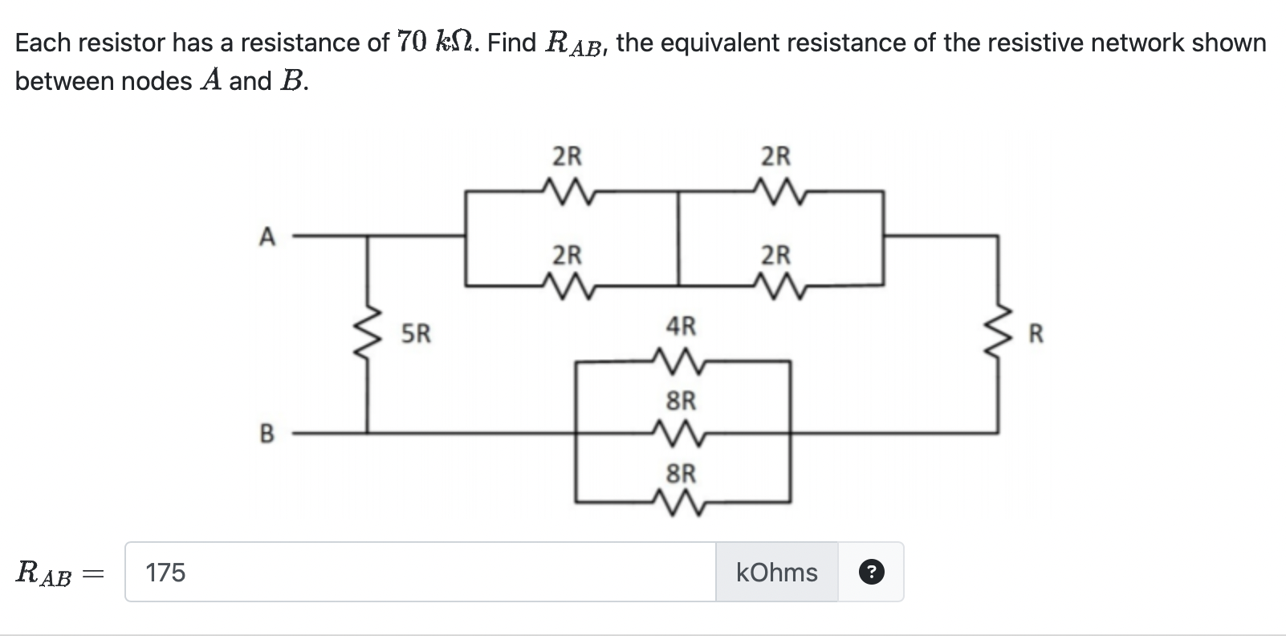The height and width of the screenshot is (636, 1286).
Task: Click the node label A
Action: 267,237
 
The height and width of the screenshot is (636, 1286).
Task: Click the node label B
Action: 267,434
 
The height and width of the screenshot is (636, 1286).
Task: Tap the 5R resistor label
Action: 416,333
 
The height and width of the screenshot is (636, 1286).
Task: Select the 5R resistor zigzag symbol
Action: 368,333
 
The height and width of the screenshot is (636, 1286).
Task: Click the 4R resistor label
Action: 682,326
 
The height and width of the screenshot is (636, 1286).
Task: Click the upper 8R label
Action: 682,400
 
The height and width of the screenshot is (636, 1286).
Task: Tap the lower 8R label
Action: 682,474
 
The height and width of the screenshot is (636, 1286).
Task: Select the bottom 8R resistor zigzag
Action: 681,504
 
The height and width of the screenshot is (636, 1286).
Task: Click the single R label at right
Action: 1036,333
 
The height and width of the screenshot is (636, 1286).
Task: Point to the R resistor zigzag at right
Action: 999,333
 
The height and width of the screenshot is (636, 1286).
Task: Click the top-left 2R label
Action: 568,156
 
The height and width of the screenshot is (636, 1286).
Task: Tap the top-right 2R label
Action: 775,156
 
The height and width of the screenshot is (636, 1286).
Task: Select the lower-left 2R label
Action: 568,255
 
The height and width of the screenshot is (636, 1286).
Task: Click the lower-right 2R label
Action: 775,255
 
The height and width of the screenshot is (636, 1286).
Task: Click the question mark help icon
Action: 872,572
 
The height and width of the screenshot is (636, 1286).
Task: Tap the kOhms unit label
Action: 776,572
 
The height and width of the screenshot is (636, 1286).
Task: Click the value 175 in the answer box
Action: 165,573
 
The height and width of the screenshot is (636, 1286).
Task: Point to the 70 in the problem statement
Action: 413,42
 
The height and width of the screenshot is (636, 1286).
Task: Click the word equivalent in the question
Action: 719,42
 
